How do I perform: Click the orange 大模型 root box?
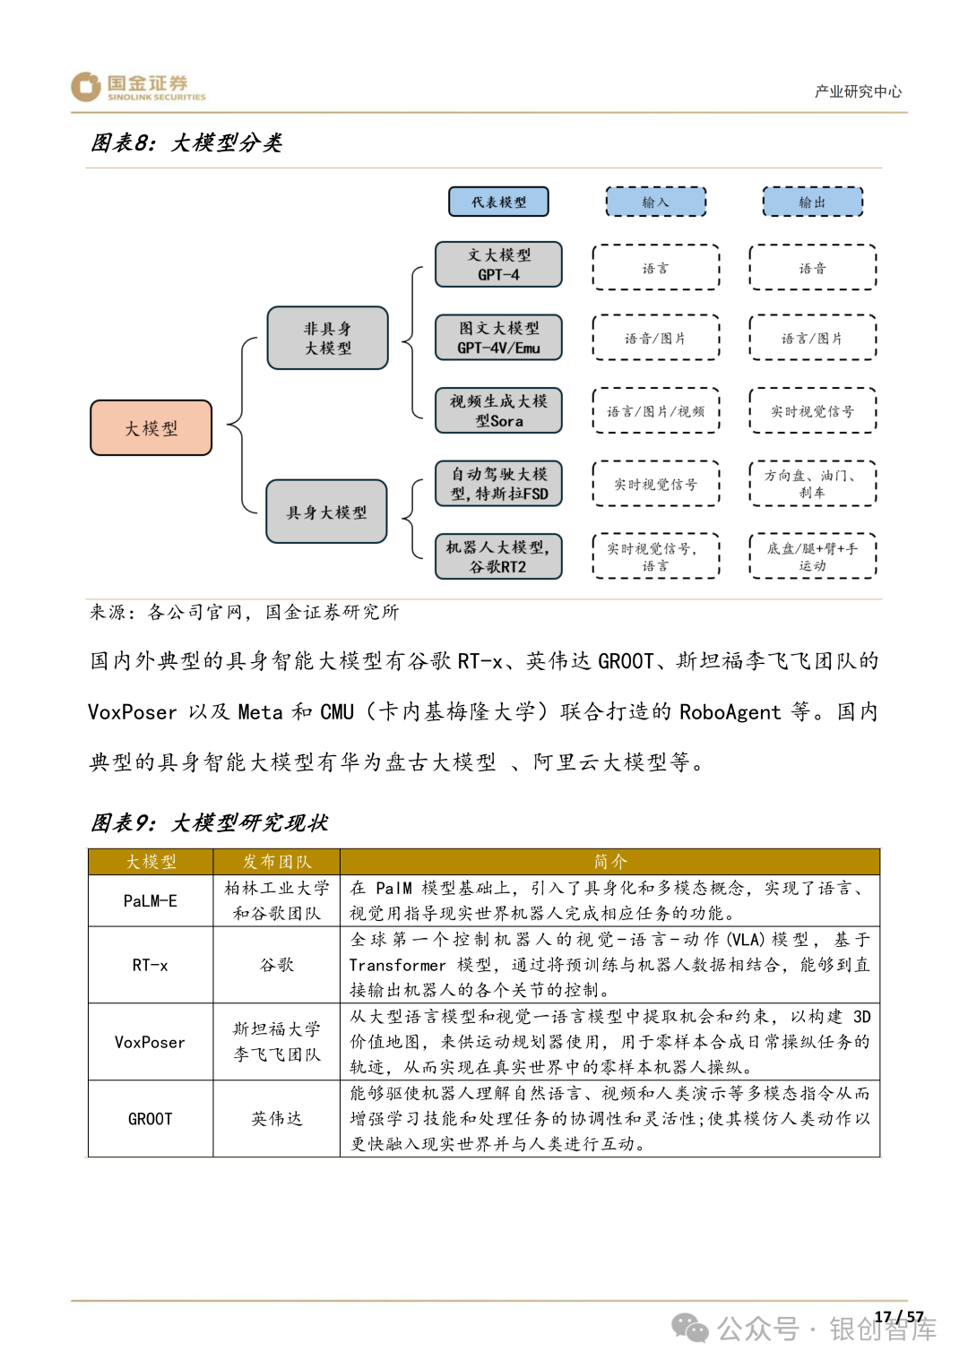click(151, 428)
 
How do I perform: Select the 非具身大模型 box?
click(328, 339)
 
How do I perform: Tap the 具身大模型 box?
click(327, 512)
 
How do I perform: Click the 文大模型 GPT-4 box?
click(498, 265)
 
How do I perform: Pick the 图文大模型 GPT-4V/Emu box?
click(498, 338)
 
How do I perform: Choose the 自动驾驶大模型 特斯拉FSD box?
click(498, 484)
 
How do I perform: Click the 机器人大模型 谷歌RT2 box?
click(498, 557)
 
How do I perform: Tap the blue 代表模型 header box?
click(498, 202)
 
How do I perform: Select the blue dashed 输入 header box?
click(656, 202)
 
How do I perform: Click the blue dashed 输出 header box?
click(812, 202)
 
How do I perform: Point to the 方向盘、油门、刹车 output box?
click(812, 484)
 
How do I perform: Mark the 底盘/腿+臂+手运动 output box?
click(812, 557)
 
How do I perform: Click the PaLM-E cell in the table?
click(151, 901)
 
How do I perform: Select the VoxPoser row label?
click(151, 1043)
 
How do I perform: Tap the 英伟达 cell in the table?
click(277, 1119)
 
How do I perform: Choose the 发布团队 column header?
click(277, 862)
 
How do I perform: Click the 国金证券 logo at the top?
click(139, 87)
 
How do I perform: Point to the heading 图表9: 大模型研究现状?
click(210, 822)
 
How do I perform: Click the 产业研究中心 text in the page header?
click(858, 91)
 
